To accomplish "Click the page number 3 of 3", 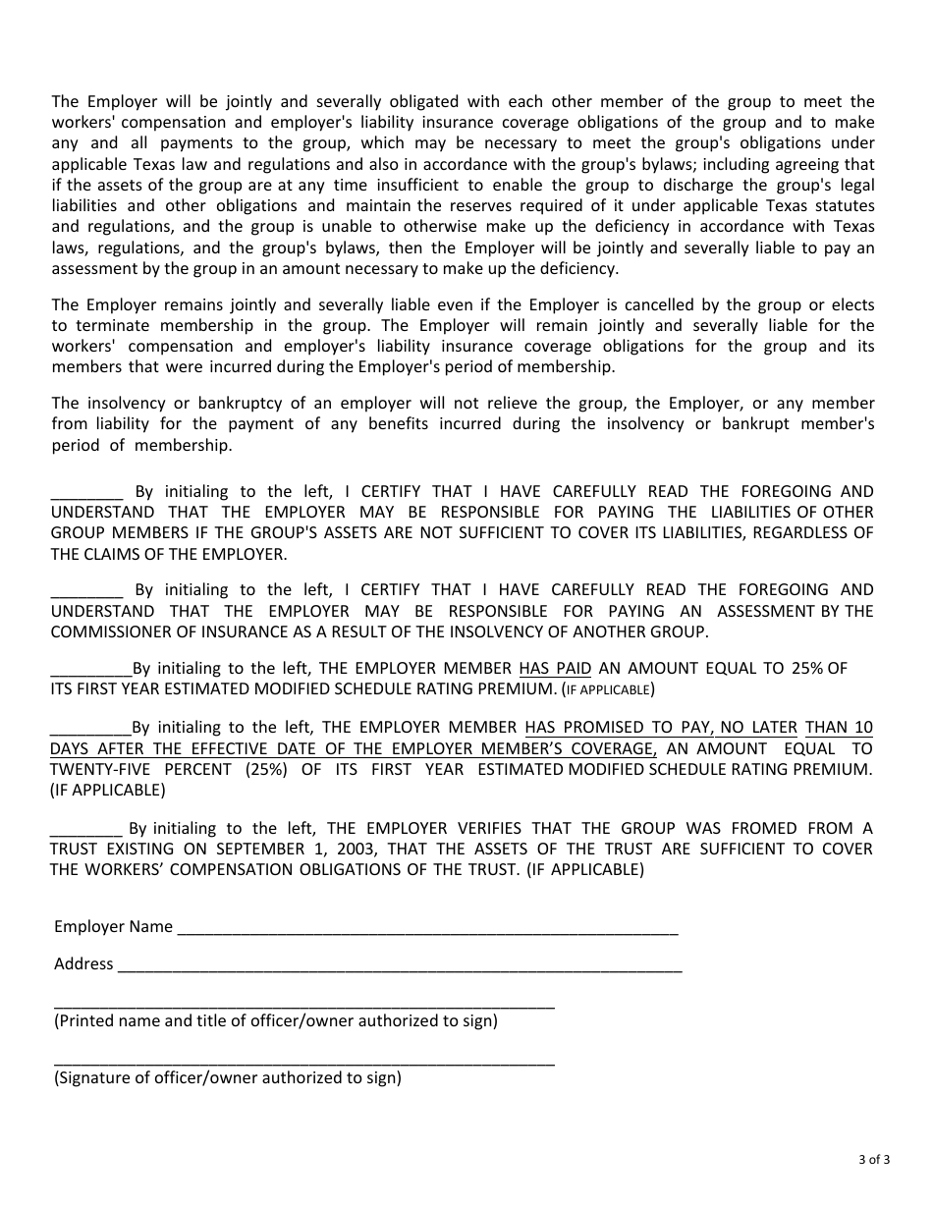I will [872, 1159].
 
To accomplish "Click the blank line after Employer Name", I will [427, 928].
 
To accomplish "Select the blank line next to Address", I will [399, 965].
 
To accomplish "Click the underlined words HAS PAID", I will [555, 669].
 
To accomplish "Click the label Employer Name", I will [113, 926].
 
